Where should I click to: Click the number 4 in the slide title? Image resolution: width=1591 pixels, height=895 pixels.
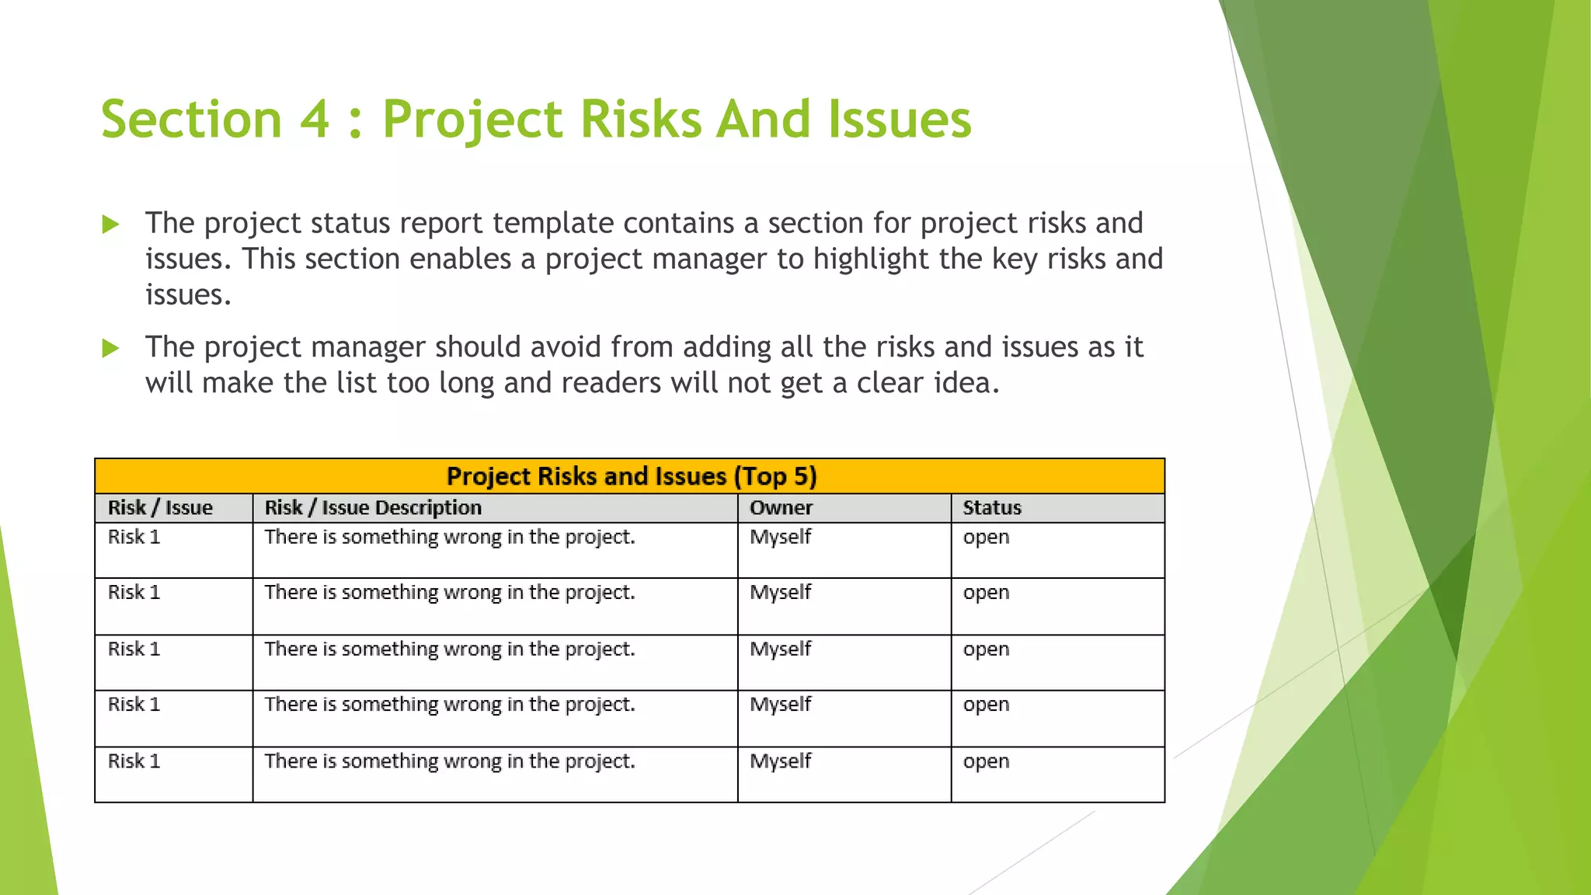pos(315,120)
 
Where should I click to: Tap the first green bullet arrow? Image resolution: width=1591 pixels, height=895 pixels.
pos(111,225)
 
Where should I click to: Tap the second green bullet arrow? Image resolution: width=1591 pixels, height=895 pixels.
pos(111,348)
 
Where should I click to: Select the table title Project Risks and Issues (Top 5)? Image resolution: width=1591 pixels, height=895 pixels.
pos(631,476)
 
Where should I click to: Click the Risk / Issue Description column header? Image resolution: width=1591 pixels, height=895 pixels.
pos(373,508)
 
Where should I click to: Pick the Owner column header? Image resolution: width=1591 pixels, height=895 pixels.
pos(781,508)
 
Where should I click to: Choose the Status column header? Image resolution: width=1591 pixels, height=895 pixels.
pos(992,508)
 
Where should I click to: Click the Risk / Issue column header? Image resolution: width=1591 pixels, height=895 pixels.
pos(160,508)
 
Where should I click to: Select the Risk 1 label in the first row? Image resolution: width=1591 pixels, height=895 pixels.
pos(134,537)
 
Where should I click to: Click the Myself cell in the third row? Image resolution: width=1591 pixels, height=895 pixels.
pos(780,649)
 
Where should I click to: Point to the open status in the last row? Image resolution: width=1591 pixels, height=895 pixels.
pos(986,761)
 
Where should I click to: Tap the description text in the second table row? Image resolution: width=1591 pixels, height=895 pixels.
pos(450,593)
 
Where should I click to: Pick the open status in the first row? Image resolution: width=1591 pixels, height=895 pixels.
pos(986,537)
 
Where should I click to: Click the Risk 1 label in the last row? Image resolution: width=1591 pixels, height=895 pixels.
pos(134,761)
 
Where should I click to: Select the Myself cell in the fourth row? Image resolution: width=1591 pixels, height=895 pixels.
pos(780,705)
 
